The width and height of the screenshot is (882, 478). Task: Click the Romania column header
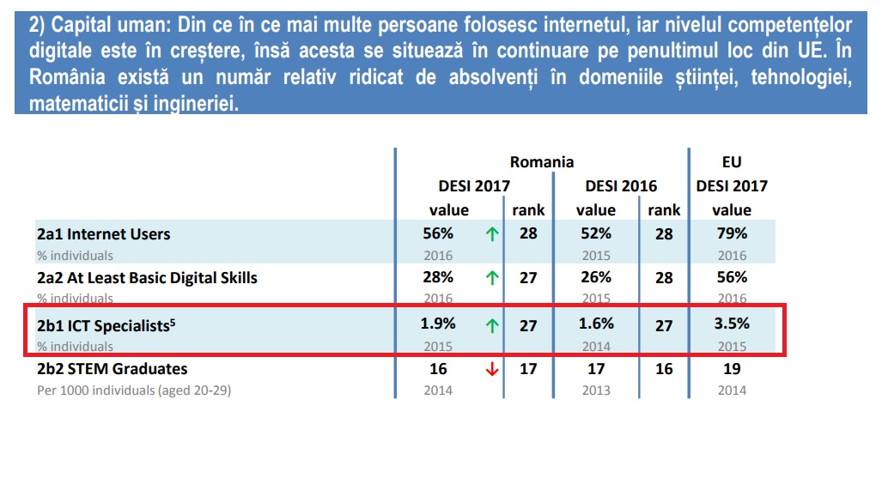541,161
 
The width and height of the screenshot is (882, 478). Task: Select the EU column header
732,161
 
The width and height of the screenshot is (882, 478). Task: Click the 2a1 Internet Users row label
104,233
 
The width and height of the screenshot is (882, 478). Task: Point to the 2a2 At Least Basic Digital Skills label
147,277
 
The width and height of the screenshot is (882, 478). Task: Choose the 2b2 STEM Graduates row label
112,369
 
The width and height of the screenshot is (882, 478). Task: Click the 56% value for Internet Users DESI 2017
438,233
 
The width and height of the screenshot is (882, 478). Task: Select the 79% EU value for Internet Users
732,233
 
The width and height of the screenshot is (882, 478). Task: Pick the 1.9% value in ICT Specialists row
439,324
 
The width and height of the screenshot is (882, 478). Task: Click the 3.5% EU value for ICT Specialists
732,324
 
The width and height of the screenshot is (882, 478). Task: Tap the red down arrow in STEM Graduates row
492,370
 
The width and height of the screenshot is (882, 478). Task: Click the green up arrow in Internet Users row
492,234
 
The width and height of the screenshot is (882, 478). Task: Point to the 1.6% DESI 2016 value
595,324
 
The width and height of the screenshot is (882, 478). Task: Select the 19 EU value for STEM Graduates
732,369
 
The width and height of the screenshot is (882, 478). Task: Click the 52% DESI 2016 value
595,233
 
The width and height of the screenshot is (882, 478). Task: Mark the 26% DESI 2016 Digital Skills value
595,277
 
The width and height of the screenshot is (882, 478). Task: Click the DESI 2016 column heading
621,185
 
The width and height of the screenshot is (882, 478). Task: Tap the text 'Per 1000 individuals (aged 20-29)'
135,390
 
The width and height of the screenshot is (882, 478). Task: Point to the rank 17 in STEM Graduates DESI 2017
528,369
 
